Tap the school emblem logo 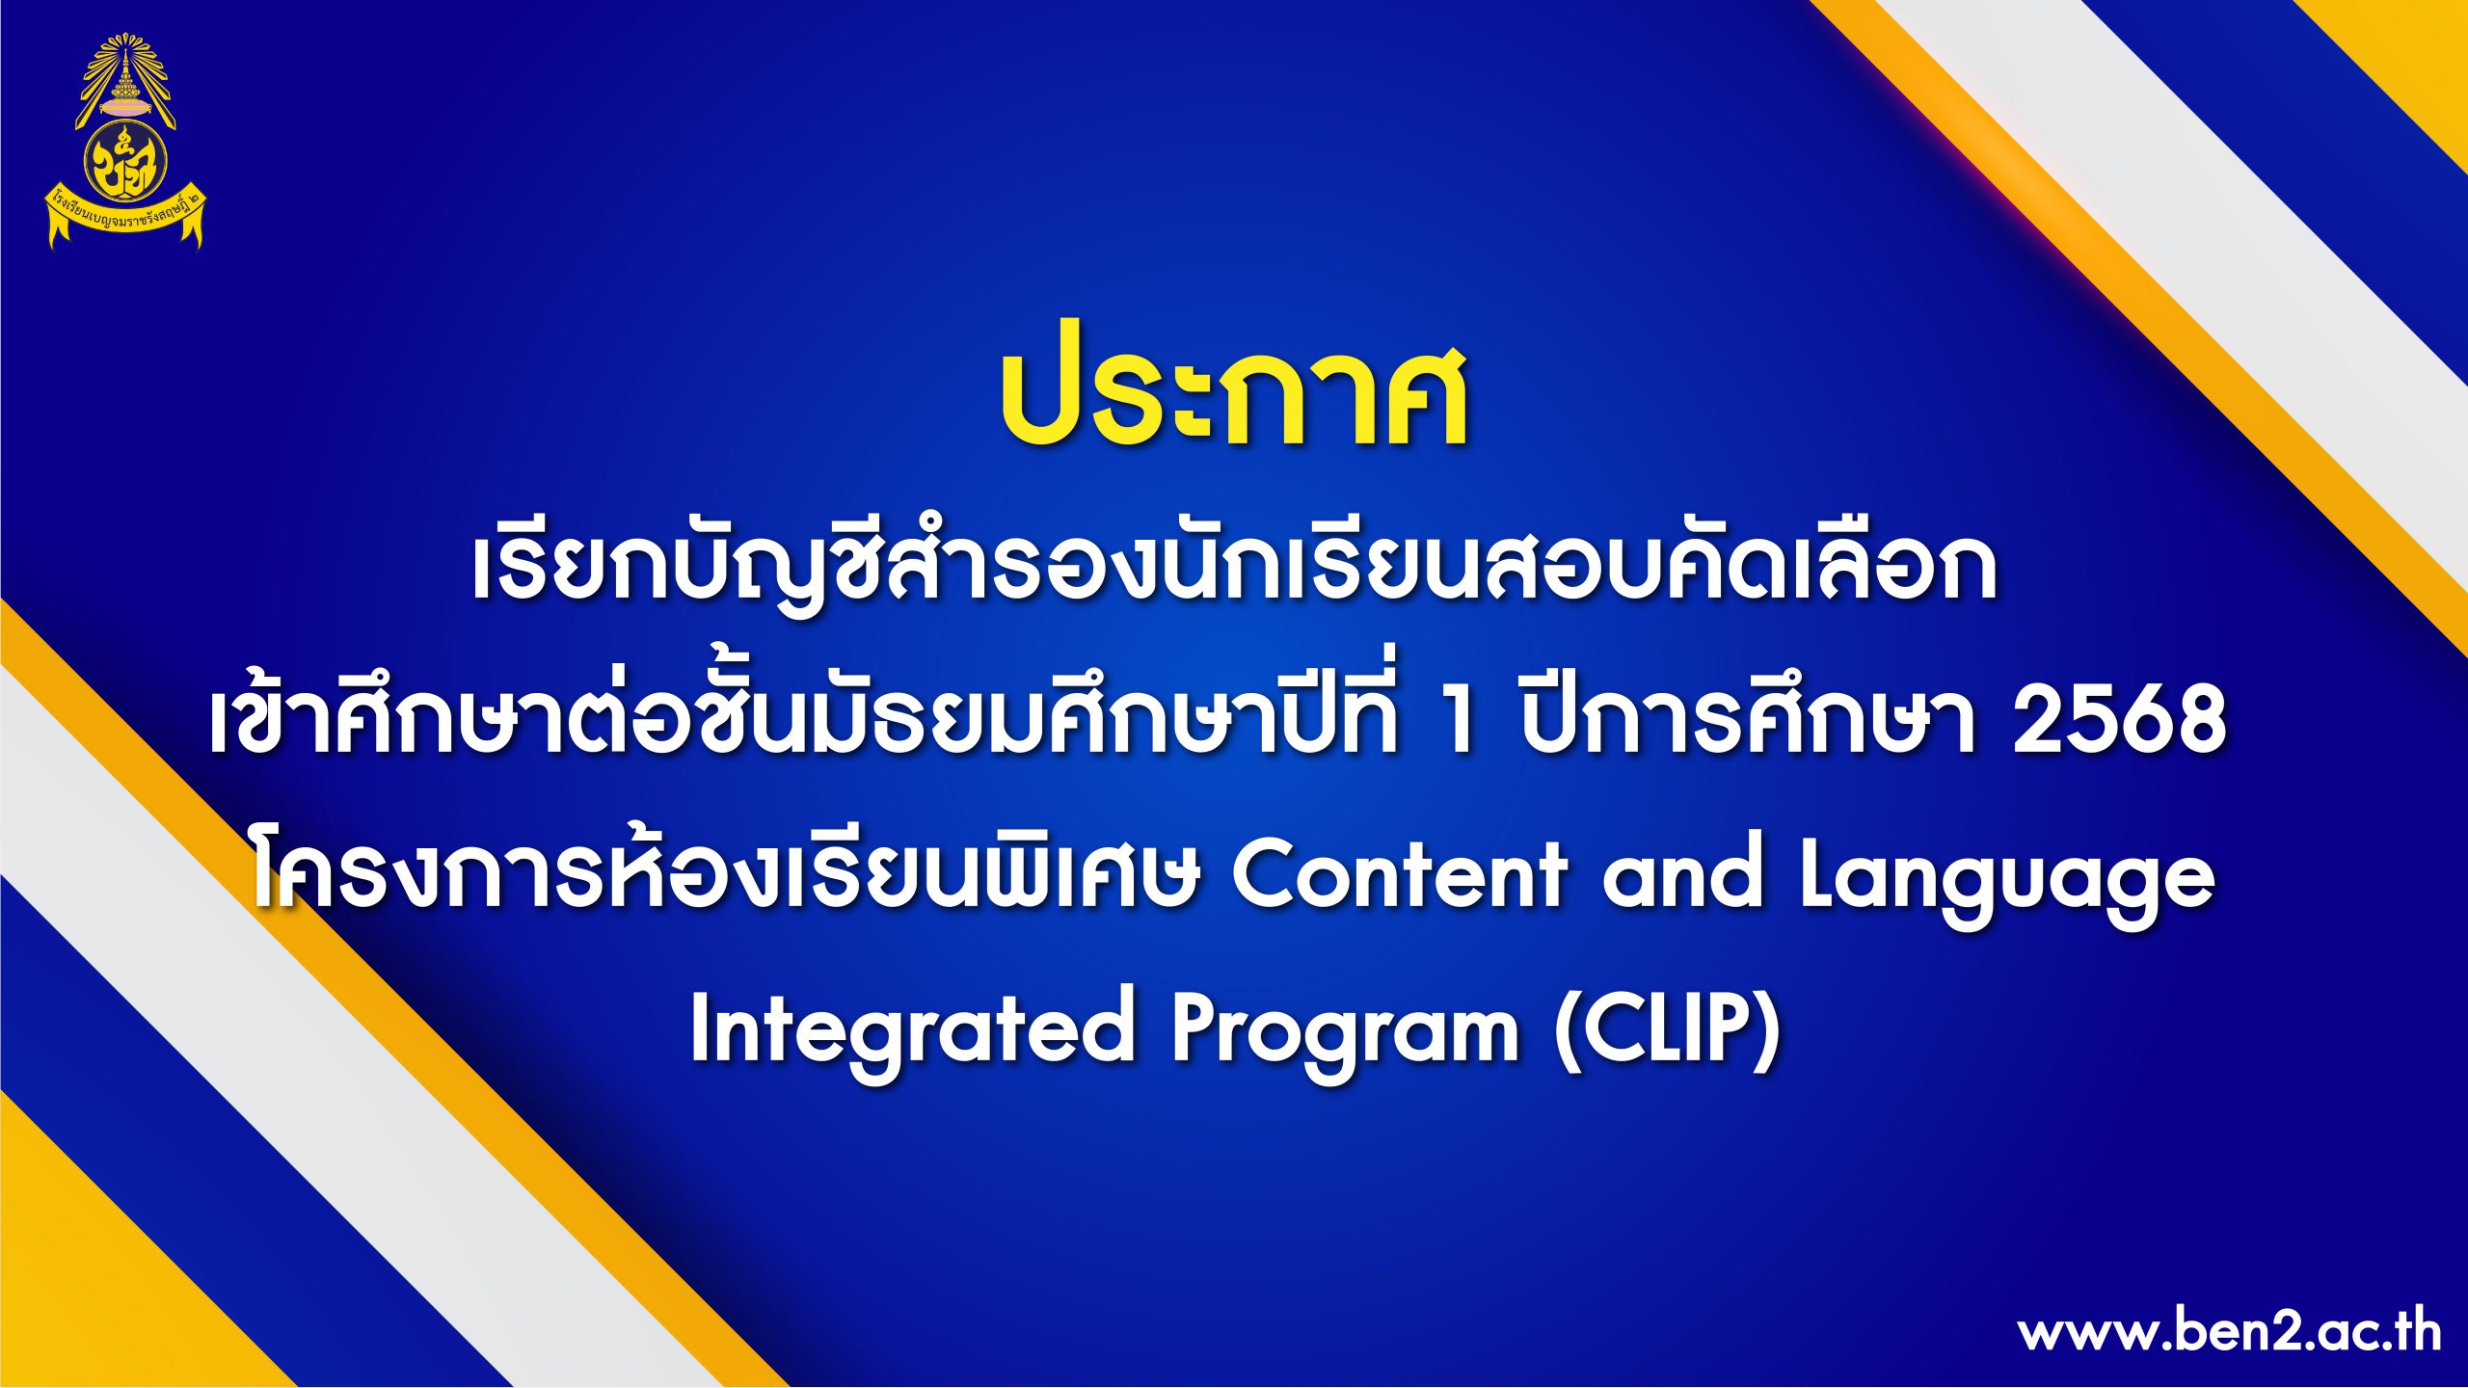pyautogui.click(x=126, y=142)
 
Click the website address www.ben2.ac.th pyautogui.click(x=2229, y=1334)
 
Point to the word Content pyautogui.click(x=1399, y=873)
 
